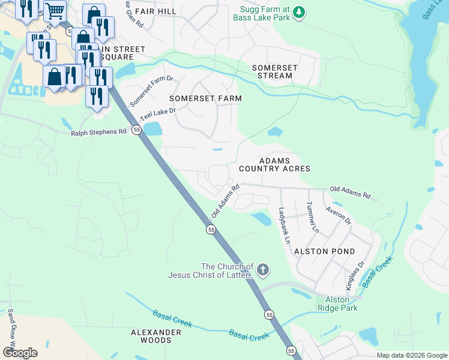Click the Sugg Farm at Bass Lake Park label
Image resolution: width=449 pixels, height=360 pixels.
265,14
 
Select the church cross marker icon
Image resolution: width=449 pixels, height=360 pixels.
263,271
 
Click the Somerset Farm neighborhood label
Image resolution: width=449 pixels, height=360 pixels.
205,98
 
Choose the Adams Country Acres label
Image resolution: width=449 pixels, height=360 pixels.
274,165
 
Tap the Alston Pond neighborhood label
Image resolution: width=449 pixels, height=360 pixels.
325,251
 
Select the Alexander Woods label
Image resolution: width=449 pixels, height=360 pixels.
156,336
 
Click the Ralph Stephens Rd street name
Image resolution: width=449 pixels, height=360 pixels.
99,132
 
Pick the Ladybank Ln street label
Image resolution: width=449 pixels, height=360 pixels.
284,225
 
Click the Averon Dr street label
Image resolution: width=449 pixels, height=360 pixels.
338,215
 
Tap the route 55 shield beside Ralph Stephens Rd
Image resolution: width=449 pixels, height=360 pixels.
137,130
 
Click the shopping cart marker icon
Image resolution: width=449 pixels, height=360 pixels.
55,10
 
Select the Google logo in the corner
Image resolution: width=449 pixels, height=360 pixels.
20,352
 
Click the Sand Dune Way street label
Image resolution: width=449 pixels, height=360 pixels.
10,329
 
